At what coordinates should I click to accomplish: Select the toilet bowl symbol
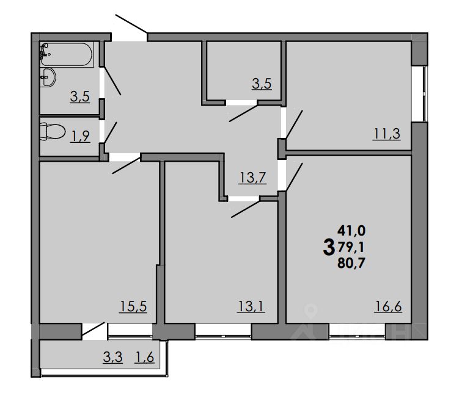(x=51, y=131)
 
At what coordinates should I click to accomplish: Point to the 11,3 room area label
(x=386, y=134)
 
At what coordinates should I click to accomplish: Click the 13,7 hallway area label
(x=252, y=178)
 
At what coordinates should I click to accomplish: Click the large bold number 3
(x=328, y=247)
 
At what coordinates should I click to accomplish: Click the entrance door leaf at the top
(x=131, y=24)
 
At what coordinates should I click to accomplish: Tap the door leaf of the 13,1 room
(x=246, y=208)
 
